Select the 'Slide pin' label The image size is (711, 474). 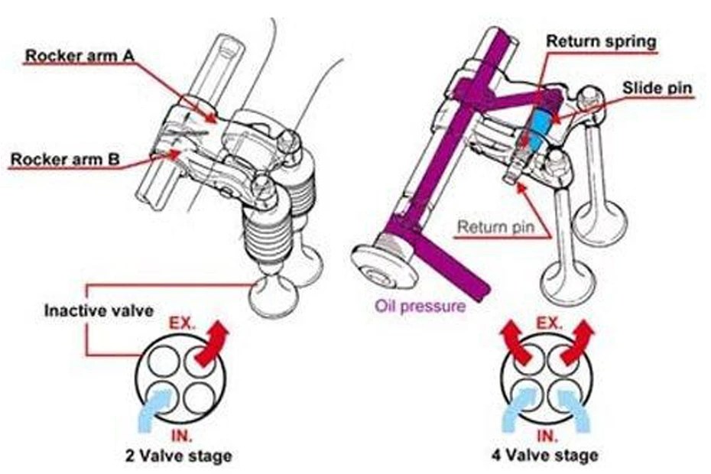click(656, 88)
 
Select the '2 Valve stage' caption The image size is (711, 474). click(177, 456)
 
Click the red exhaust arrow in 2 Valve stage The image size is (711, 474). click(212, 345)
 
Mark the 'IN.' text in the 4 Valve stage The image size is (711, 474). click(545, 437)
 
